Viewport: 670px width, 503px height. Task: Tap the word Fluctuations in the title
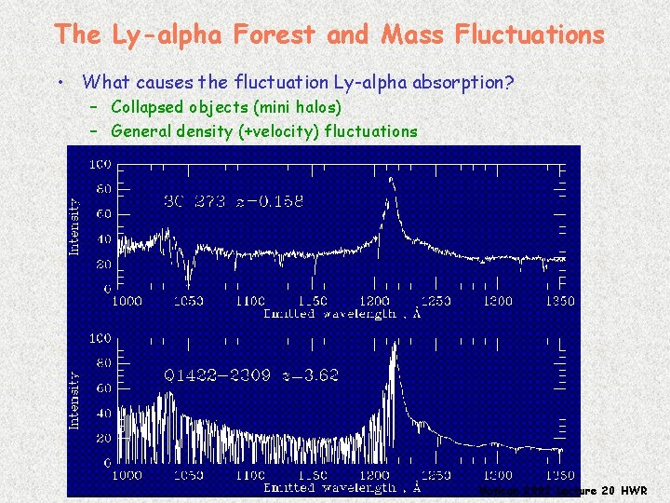(529, 35)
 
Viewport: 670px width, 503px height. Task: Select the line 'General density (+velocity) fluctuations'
(264, 131)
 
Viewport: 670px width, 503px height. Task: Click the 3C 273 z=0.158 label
(234, 201)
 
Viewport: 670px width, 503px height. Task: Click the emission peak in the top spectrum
(391, 181)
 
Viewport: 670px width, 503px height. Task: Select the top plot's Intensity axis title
(75, 225)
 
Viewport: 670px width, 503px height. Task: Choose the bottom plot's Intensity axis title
(75, 401)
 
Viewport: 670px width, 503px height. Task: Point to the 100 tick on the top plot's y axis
(100, 164)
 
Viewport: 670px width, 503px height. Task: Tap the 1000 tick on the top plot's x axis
(127, 301)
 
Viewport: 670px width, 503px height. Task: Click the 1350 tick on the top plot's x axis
(559, 301)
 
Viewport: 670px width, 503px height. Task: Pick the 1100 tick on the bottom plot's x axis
(251, 475)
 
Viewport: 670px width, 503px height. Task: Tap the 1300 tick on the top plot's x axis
(498, 301)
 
